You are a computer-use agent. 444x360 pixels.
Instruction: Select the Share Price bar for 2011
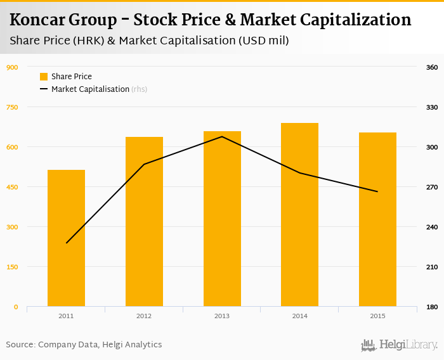[x=66, y=238]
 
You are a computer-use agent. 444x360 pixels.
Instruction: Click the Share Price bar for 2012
[x=144, y=222]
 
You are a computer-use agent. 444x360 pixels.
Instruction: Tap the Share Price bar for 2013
[x=222, y=219]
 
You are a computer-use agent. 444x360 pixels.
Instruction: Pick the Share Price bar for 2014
[x=299, y=215]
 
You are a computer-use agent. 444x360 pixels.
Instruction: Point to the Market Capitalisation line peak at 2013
[x=222, y=136]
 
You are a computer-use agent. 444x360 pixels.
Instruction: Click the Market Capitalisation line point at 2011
[x=67, y=243]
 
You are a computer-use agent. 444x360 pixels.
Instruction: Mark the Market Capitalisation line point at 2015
[x=377, y=191]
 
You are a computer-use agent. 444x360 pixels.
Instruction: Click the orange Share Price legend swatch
[x=44, y=77]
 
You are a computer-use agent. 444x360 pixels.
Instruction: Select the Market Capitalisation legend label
[x=90, y=89]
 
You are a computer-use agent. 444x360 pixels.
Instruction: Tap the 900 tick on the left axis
[x=12, y=67]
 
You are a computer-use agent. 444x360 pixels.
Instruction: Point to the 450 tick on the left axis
[x=12, y=187]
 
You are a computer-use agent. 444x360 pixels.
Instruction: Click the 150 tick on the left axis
[x=12, y=267]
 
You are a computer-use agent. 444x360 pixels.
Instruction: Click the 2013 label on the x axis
[x=222, y=316]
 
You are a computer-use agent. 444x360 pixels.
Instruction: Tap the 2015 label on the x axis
[x=377, y=316]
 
